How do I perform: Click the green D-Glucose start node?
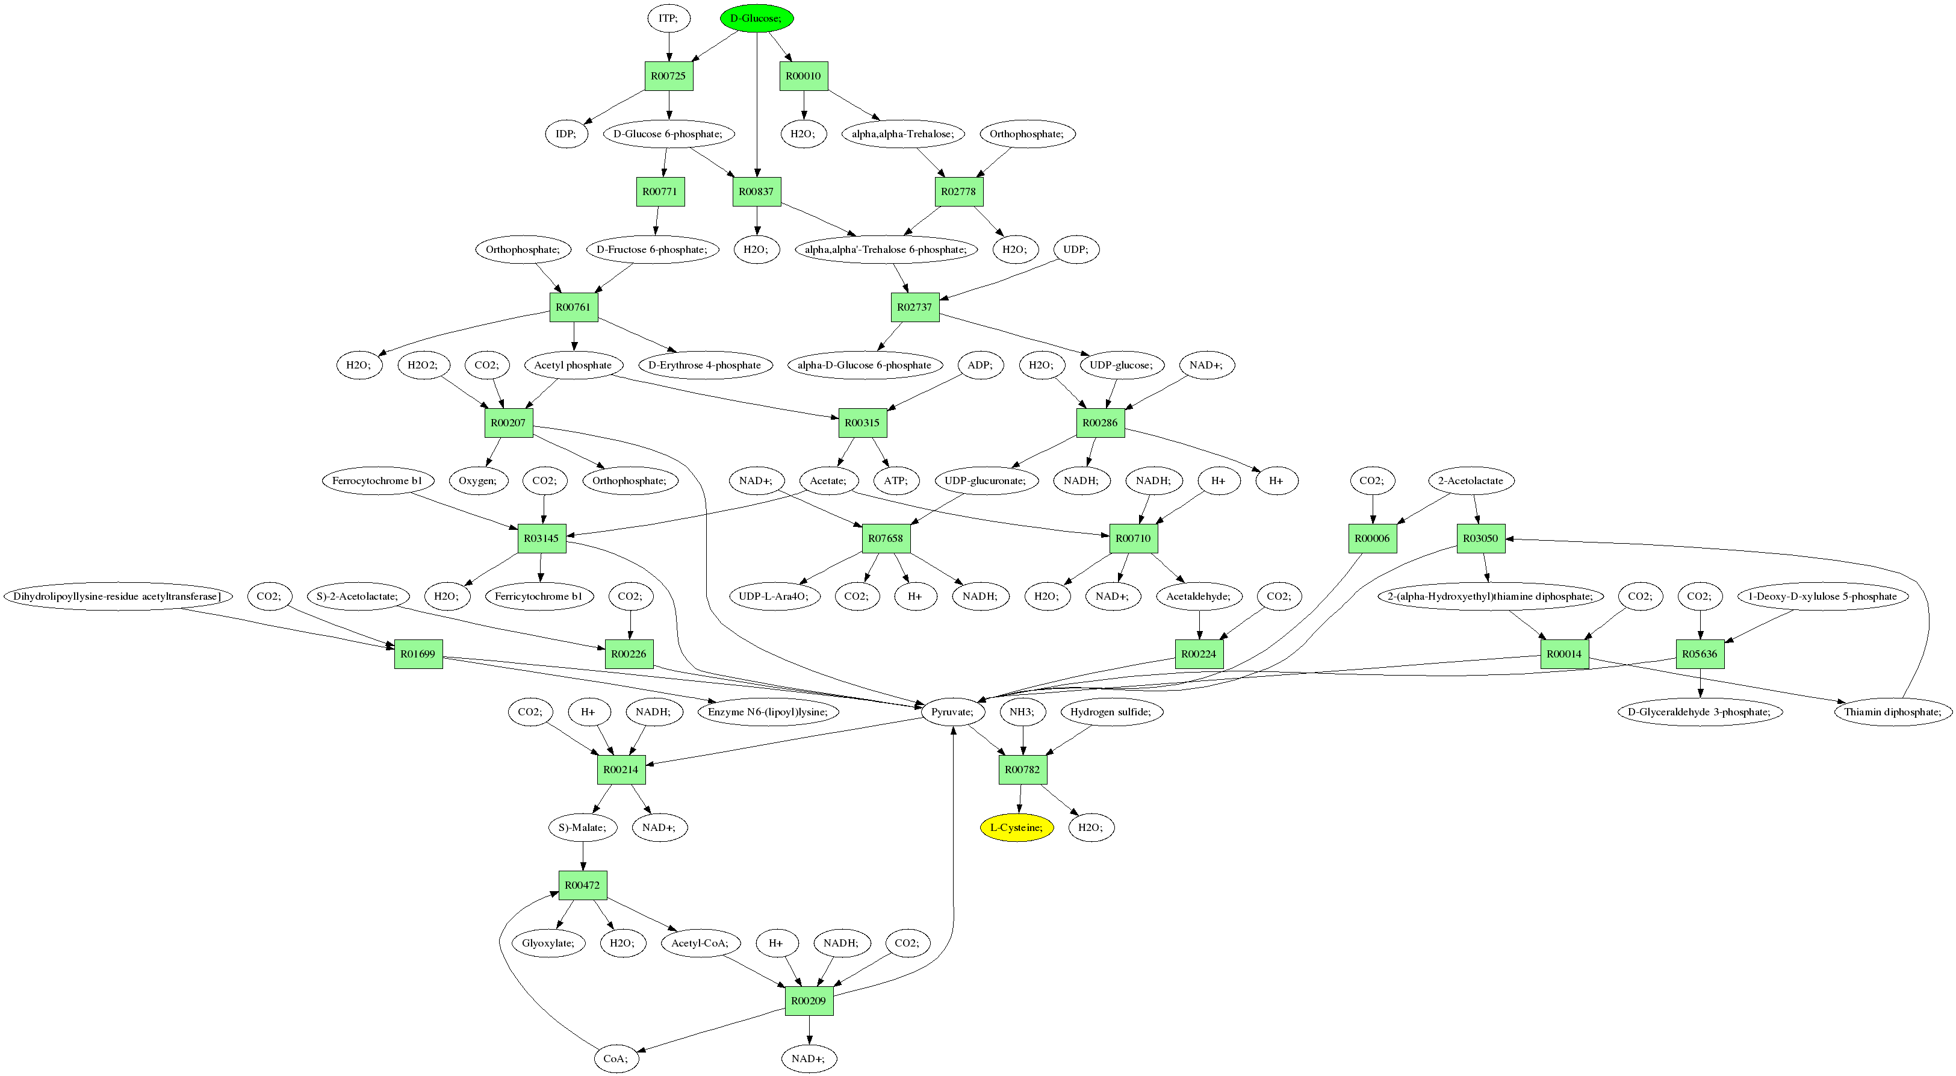tap(756, 18)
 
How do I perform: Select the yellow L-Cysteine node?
tap(1016, 827)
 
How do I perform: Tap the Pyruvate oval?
tap(953, 712)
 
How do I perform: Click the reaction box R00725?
tap(668, 76)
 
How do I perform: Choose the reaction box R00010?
tap(803, 76)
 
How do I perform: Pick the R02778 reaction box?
tap(958, 191)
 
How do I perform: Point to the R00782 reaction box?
tap(1022, 770)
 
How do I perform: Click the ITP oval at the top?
tap(668, 18)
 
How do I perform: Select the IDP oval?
tap(566, 134)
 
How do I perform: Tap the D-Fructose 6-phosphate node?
tap(651, 249)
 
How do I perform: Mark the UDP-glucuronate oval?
tap(985, 480)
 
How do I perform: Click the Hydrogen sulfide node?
tap(1110, 712)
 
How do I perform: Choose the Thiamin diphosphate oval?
tap(1892, 712)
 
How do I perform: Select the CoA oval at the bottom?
tap(616, 1059)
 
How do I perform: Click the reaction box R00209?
tap(809, 1001)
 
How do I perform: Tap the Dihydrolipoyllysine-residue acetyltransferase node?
tap(117, 596)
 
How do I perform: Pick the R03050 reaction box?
tap(1480, 538)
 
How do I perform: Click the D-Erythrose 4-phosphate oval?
tap(704, 365)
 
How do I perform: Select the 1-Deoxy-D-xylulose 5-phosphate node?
tap(1822, 596)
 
